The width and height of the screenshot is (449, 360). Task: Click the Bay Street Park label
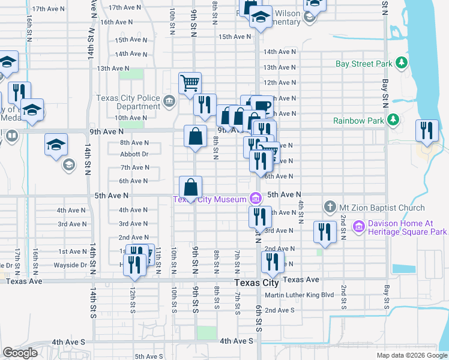coord(364,64)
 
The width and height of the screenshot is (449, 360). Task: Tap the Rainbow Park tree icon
coord(393,121)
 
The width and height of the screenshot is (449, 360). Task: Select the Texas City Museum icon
coord(256,199)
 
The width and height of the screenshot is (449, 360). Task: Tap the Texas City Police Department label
coord(128,102)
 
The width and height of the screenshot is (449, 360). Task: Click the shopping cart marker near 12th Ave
coord(190,83)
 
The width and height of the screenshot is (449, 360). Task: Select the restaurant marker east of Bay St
coord(426,131)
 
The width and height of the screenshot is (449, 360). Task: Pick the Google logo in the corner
coord(20,353)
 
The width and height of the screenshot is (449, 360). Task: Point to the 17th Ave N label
coord(47,9)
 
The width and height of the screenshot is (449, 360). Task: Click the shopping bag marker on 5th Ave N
coord(190,187)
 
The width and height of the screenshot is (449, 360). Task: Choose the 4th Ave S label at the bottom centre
coord(237,341)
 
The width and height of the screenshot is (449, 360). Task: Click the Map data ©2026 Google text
coord(412,355)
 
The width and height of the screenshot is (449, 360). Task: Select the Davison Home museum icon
coord(359,227)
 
